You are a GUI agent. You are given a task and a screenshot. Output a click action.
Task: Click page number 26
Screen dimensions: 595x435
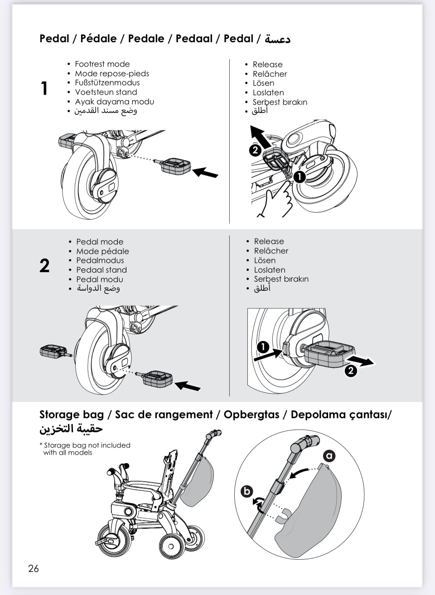pyautogui.click(x=34, y=569)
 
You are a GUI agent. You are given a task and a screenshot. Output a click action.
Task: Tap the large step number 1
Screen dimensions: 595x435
pyautogui.click(x=44, y=88)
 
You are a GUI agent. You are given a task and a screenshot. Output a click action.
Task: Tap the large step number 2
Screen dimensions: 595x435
pyautogui.click(x=44, y=266)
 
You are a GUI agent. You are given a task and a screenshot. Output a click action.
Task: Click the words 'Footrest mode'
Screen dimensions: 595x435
pyautogui.click(x=102, y=64)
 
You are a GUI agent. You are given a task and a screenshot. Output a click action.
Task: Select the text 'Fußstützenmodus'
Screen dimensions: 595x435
pyautogui.click(x=107, y=83)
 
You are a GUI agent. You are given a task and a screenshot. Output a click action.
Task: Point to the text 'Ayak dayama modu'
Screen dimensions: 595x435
pyautogui.click(x=114, y=102)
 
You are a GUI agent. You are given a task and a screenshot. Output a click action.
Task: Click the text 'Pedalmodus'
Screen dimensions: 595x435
pyautogui.click(x=100, y=261)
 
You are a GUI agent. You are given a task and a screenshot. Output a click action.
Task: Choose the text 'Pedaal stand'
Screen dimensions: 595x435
pyautogui.click(x=101, y=270)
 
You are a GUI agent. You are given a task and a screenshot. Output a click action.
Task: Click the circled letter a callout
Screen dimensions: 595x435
pyautogui.click(x=329, y=456)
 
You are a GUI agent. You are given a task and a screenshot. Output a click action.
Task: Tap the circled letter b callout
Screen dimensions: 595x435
pyautogui.click(x=247, y=491)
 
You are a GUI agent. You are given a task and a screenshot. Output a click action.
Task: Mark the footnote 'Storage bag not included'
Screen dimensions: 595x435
pyautogui.click(x=87, y=445)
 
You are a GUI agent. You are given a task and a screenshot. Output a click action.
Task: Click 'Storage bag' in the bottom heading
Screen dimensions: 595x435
pyautogui.click(x=71, y=415)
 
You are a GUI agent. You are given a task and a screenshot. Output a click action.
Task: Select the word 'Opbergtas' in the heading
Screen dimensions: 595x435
pyautogui.click(x=251, y=415)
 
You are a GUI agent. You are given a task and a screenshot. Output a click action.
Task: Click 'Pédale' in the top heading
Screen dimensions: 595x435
pyautogui.click(x=98, y=39)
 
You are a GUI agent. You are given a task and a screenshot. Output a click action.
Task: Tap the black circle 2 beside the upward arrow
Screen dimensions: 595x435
pyautogui.click(x=256, y=150)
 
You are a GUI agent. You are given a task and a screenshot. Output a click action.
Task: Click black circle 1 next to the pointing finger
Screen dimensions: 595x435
pyautogui.click(x=299, y=176)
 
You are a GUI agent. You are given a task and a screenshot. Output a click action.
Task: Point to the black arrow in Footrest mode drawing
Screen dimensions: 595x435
pyautogui.click(x=205, y=173)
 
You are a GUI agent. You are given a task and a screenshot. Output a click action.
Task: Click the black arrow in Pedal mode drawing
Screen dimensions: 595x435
pyautogui.click(x=188, y=386)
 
